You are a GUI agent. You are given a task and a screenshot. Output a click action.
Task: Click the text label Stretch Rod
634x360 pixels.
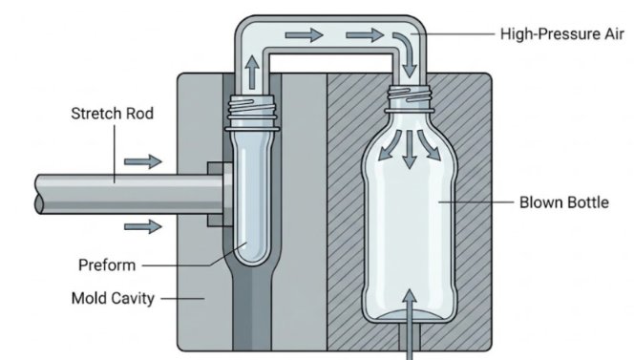112,115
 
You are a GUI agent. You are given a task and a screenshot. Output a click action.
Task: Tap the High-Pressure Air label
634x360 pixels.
557,33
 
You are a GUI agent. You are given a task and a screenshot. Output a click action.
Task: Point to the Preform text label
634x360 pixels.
106,265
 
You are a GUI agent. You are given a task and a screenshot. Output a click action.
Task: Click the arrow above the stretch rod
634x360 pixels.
143,162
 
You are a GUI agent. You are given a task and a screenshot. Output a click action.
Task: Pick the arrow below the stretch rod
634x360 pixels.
143,226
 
